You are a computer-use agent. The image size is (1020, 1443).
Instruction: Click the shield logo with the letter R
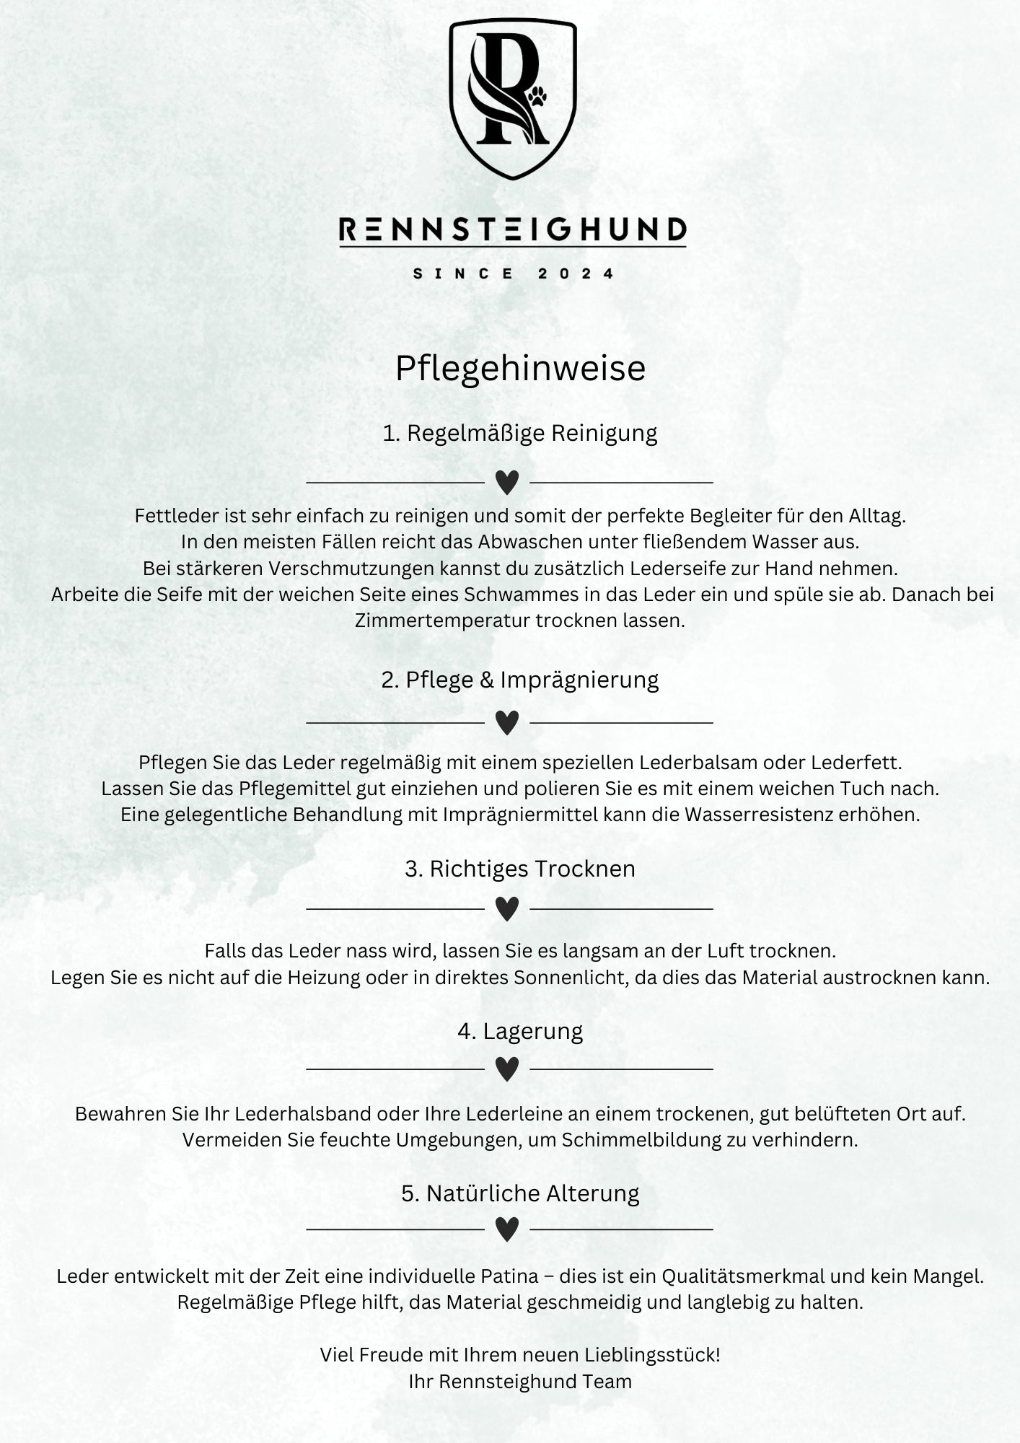pyautogui.click(x=512, y=97)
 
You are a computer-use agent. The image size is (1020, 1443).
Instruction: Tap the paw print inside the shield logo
pyautogui.click(x=537, y=97)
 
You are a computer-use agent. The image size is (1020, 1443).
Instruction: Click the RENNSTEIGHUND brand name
pyautogui.click(x=512, y=230)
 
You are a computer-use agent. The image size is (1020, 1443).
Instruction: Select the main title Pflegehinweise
pyautogui.click(x=520, y=368)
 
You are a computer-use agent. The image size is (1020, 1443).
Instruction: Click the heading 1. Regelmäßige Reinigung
pyautogui.click(x=520, y=434)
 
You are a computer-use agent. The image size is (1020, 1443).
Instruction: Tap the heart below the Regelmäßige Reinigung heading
pyautogui.click(x=507, y=482)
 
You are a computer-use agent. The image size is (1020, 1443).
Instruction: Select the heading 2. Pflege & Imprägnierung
pyautogui.click(x=520, y=680)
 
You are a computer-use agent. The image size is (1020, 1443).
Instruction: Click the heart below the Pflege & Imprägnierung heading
pyautogui.click(x=507, y=722)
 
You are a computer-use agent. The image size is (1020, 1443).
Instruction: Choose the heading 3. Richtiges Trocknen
pyautogui.click(x=520, y=869)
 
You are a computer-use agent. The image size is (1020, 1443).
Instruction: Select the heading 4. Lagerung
pyautogui.click(x=520, y=1031)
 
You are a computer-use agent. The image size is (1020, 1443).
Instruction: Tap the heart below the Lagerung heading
pyautogui.click(x=507, y=1069)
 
